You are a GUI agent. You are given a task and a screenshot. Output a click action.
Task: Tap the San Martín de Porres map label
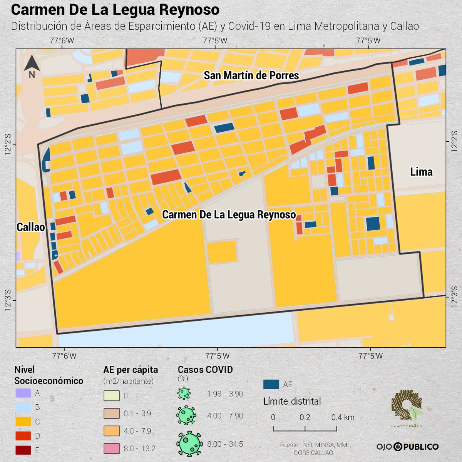(251, 75)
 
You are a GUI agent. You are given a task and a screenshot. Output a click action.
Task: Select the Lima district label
(421, 172)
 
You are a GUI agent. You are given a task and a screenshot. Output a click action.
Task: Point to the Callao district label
(31, 227)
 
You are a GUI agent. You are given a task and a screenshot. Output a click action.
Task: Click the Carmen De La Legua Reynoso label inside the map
(229, 215)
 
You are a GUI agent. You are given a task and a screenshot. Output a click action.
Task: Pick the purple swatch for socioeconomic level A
(23, 393)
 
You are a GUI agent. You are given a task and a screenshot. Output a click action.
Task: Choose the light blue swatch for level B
(23, 407)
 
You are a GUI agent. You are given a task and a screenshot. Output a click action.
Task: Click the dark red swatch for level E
(23, 450)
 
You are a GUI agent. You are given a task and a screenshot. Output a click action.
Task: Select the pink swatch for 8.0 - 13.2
(111, 449)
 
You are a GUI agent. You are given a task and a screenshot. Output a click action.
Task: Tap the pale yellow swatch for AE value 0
(111, 396)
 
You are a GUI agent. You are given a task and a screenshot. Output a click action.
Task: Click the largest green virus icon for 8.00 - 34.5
(189, 444)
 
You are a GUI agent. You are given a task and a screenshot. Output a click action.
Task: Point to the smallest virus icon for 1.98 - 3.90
(184, 393)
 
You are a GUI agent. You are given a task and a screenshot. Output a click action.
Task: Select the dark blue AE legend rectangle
(271, 384)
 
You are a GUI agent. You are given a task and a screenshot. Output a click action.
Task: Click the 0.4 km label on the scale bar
(343, 417)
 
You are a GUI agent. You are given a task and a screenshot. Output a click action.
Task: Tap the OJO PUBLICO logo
(407, 447)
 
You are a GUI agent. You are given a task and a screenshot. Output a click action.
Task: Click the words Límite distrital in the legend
(292, 401)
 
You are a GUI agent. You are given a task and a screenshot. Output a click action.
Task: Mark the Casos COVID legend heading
(205, 370)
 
